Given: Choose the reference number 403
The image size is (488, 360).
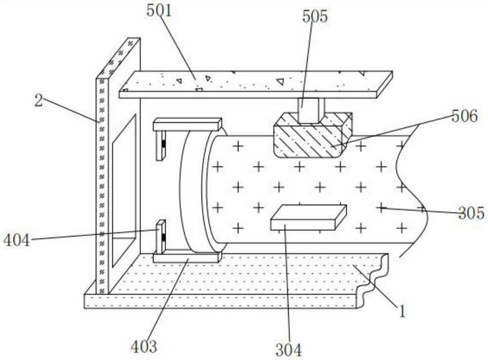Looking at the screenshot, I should pos(144,347).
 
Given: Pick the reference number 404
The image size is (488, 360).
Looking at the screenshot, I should pos(17,239).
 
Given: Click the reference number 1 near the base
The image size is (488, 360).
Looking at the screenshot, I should pos(402,311).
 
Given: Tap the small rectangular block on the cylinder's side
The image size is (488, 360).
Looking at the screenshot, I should pos(308,217).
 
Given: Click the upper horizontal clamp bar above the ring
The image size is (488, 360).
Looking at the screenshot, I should pos(187,125).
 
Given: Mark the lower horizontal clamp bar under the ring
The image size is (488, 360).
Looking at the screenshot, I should pos(187,257).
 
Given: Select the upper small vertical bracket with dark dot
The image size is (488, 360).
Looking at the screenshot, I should pos(161,145).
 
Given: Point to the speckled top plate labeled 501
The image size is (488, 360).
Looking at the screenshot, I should pos(254,84).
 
